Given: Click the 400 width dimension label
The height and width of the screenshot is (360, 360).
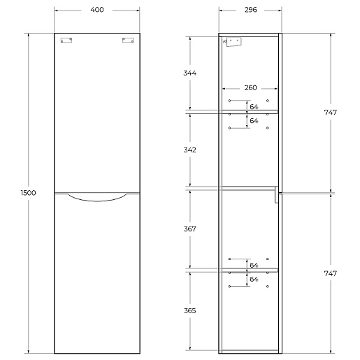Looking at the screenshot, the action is [x=97, y=10].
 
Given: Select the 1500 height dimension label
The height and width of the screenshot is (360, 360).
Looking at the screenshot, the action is [x=28, y=193].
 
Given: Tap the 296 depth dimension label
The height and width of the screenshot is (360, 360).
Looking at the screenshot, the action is [x=250, y=10].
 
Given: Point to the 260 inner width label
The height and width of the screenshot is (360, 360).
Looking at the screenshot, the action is [x=250, y=88].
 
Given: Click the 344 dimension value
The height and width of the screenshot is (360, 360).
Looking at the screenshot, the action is [x=190, y=73].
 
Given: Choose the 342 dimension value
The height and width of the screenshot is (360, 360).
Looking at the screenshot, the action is [x=190, y=150].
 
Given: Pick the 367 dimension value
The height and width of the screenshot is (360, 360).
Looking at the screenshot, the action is [x=190, y=229].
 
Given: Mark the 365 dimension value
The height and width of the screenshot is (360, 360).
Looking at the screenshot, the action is [x=190, y=310].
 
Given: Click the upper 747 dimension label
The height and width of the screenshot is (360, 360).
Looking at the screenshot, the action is [x=331, y=113].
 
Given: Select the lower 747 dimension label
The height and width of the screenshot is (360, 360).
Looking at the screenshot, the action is [x=331, y=273].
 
